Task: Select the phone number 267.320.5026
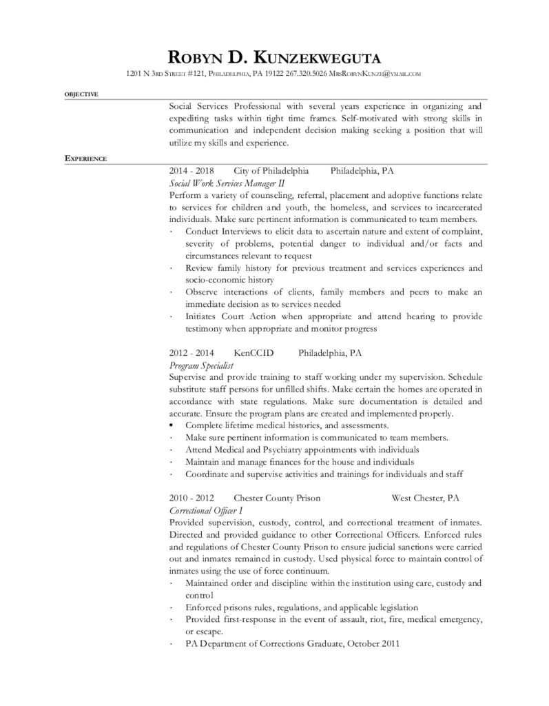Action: click(x=303, y=73)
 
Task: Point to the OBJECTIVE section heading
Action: click(x=81, y=94)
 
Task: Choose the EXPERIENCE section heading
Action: click(x=85, y=158)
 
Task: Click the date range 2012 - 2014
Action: click(x=191, y=352)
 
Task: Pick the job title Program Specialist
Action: click(x=202, y=364)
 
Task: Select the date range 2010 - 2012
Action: click(x=191, y=498)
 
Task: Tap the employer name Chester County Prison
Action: click(x=276, y=498)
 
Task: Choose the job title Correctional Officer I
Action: click(x=205, y=510)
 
